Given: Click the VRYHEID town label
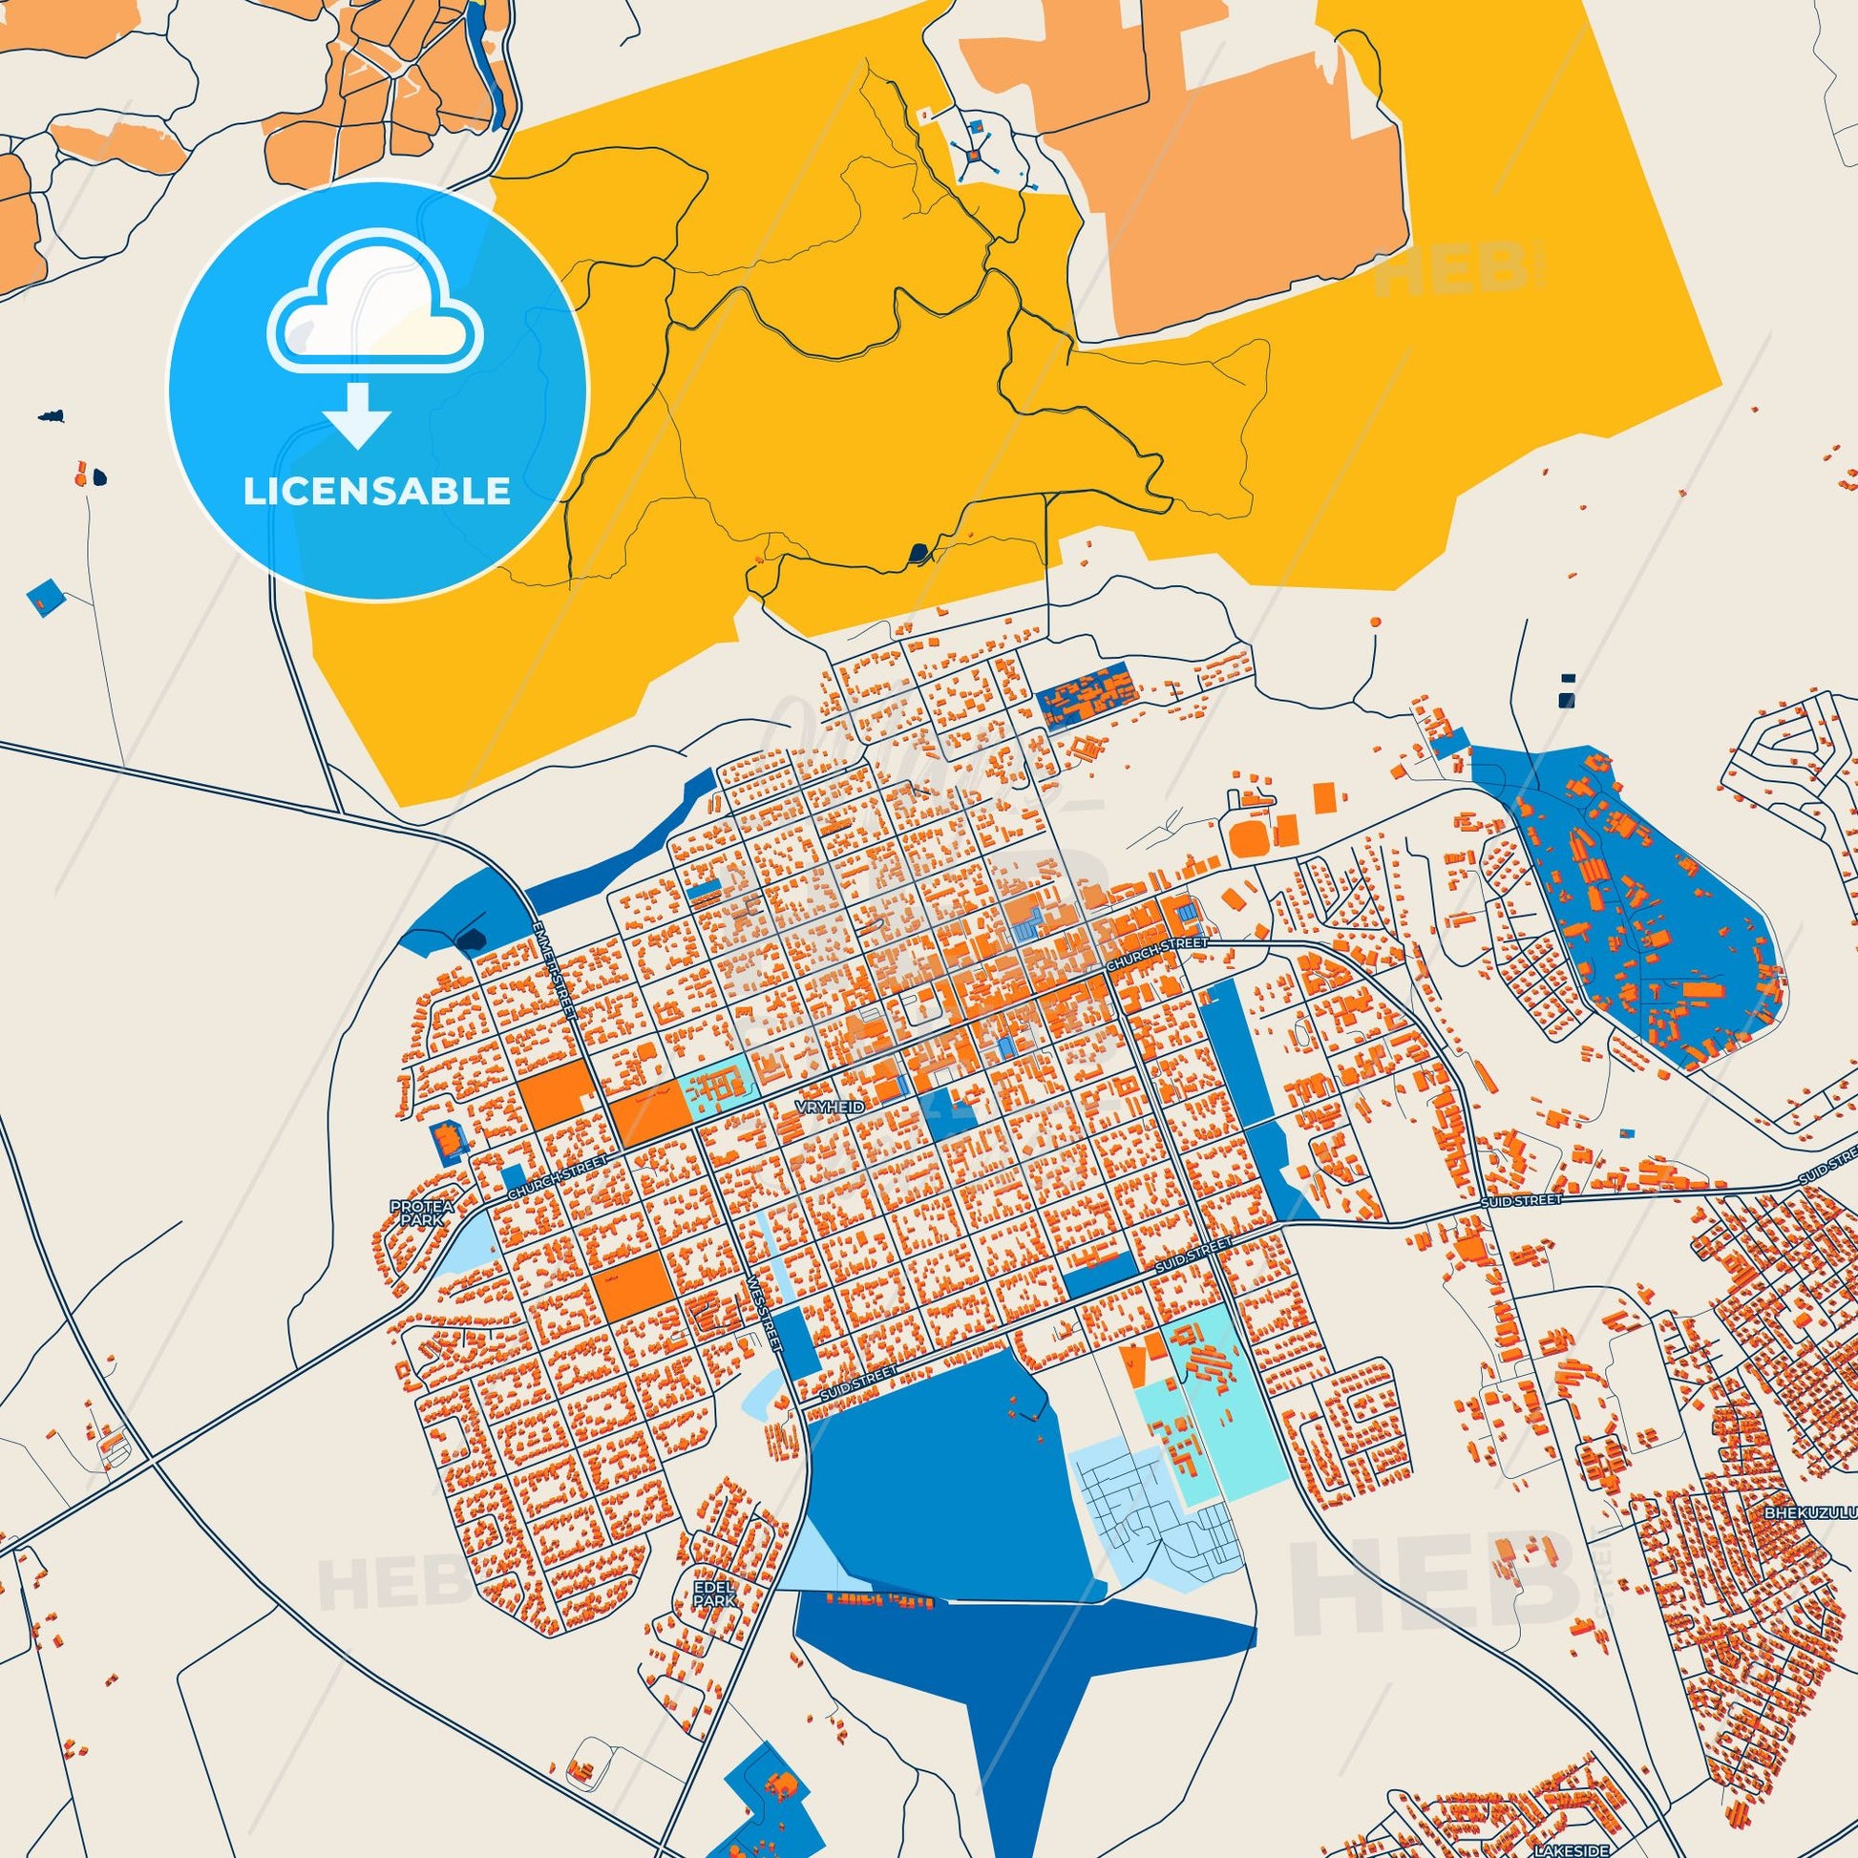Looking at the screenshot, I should [x=831, y=1108].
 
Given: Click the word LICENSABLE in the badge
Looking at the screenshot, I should [x=377, y=492].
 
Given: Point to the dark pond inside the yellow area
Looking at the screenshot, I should [x=918, y=553].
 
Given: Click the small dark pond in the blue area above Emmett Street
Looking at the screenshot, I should [x=473, y=939].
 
